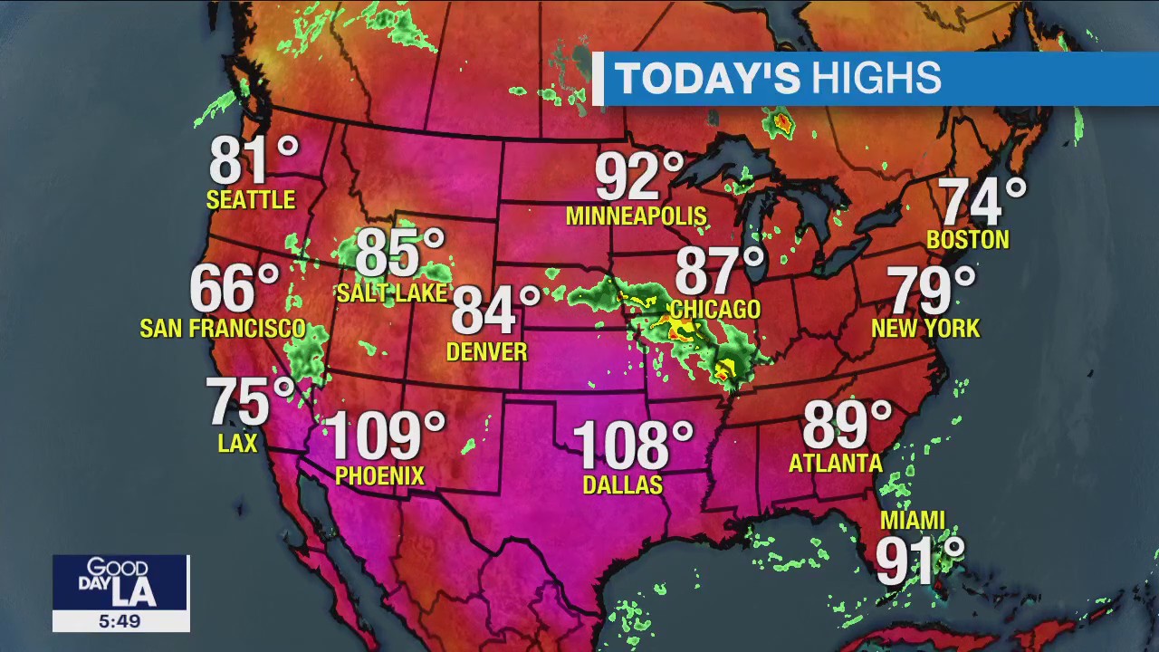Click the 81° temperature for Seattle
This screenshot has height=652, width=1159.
pos(253,161)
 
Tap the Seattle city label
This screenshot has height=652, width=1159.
pos(251,200)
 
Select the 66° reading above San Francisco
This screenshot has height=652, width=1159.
pos(234,290)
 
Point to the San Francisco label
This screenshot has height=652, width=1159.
pos(222,328)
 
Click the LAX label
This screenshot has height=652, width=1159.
pos(238,443)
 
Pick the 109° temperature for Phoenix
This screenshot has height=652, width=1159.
pos(384,436)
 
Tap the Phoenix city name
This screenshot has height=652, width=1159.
pos(379,475)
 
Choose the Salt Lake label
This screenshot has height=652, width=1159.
pos(392,292)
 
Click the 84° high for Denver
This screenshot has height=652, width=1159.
pos(494,310)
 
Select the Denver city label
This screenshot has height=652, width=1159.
pos(486,351)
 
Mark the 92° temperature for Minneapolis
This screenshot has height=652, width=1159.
pos(638,177)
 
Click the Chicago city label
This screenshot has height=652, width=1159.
pos(715,310)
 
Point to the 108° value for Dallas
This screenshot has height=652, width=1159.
pos(632,446)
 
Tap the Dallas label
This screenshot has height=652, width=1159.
pos(623,485)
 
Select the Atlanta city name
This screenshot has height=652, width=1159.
pos(836,464)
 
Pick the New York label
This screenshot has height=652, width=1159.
pos(925,328)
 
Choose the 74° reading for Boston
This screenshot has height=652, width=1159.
pos(982,202)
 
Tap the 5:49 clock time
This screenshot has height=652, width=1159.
pos(120,621)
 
